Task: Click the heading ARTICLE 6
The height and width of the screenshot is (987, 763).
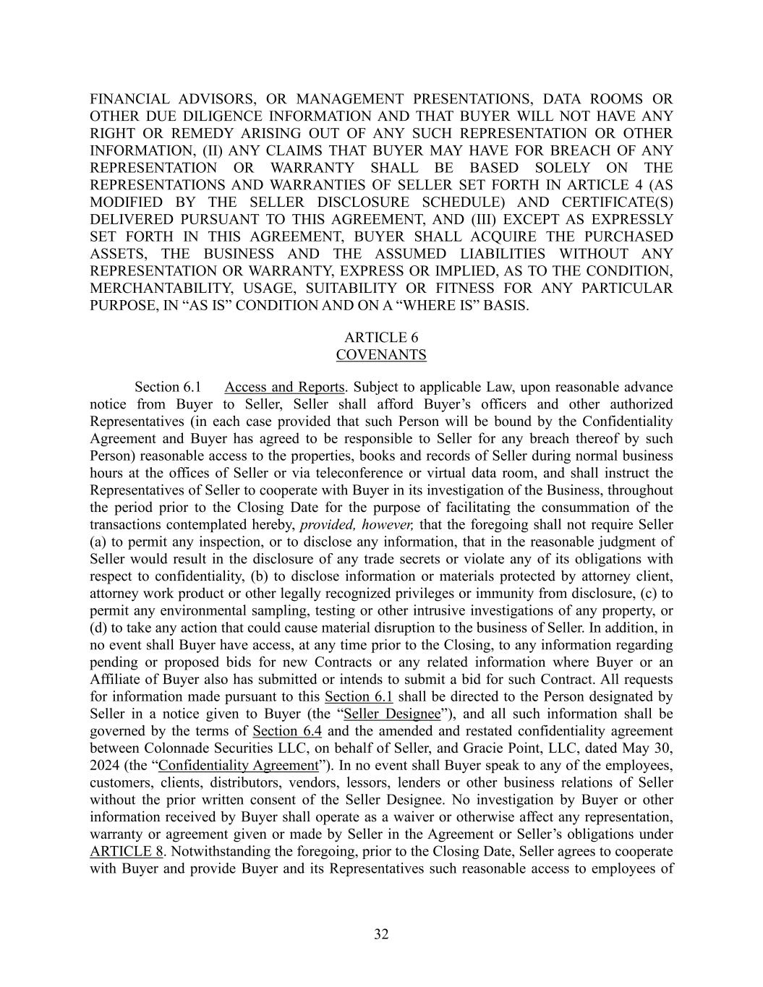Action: (381, 338)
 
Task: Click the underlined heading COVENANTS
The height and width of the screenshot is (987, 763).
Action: (381, 355)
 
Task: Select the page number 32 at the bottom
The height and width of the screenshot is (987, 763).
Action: (381, 934)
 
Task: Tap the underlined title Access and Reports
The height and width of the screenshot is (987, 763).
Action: (285, 387)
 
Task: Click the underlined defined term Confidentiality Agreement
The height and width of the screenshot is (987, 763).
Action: (238, 765)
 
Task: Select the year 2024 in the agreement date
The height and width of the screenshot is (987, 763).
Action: (106, 765)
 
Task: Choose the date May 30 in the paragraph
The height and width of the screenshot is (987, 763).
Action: (649, 748)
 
